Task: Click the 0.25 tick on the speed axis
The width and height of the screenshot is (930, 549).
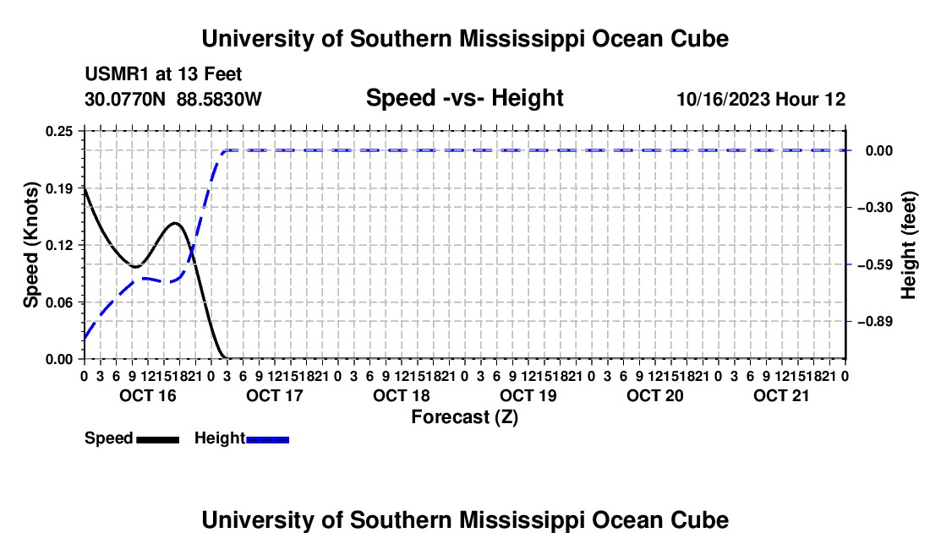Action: coord(59,131)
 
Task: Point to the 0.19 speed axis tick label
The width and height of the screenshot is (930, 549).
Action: coord(59,188)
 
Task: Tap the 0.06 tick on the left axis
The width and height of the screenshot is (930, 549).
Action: coord(59,302)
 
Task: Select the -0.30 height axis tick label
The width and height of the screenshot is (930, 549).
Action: coord(875,207)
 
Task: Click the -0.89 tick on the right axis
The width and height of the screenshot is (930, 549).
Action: coord(875,322)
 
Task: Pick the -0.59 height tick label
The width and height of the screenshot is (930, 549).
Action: coord(875,264)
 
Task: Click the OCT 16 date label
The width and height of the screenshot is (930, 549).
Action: coord(148,395)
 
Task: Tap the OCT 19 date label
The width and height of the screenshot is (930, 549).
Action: coord(528,395)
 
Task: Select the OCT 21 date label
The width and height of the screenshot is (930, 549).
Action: coord(781,395)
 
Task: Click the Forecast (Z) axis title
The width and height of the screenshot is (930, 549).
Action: coord(464,417)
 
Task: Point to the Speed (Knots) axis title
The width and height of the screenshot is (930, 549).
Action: coord(30,245)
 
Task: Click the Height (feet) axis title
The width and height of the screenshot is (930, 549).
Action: coord(908,245)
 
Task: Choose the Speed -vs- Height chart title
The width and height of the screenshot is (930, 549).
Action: coord(464,98)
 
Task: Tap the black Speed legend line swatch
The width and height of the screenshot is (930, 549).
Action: coord(158,439)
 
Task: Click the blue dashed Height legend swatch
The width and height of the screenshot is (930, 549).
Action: coord(267,439)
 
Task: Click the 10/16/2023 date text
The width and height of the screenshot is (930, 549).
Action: coord(724,99)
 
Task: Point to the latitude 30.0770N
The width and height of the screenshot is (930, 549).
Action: coord(125,99)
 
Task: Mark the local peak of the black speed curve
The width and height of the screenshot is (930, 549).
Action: coord(175,223)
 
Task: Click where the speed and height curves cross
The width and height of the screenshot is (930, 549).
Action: coord(191,253)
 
